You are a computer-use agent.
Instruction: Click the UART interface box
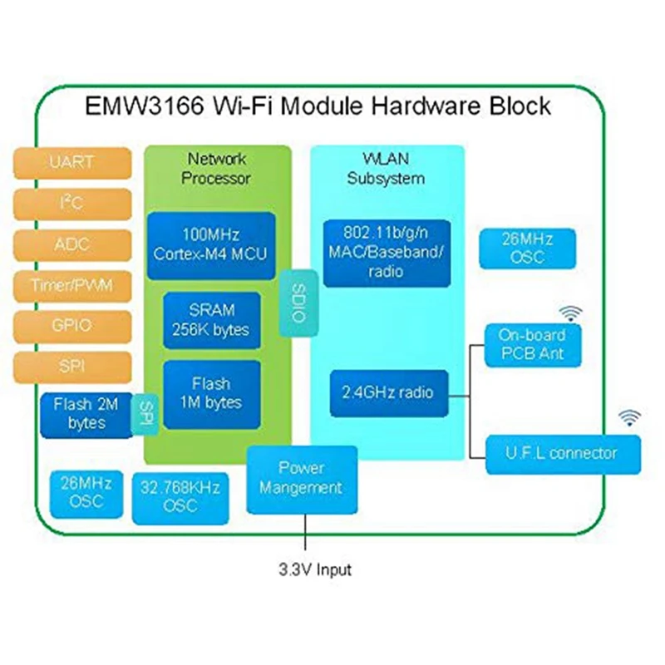click(71, 162)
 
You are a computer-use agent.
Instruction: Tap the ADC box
click(71, 245)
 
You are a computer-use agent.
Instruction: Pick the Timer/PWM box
click(71, 286)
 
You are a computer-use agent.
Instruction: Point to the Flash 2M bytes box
click(85, 414)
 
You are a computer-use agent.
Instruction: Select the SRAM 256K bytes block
click(210, 319)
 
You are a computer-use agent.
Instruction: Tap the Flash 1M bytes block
click(210, 394)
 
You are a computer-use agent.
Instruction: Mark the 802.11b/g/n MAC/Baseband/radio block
click(385, 250)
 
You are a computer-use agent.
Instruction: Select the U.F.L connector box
click(563, 453)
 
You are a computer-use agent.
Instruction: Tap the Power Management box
click(302, 478)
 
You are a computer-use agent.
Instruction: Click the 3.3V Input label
click(314, 570)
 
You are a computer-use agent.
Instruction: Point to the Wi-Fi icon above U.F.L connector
click(629, 417)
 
